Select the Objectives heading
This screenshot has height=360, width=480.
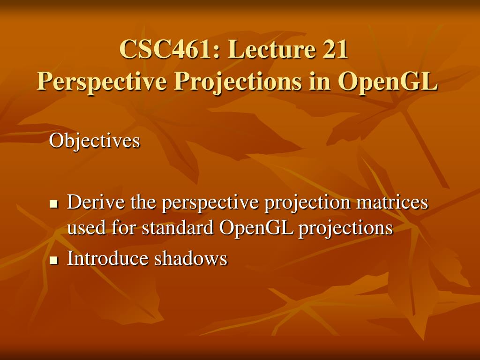[x=95, y=141]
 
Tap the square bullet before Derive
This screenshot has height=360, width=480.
[x=53, y=204]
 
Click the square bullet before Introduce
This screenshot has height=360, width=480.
[x=53, y=260]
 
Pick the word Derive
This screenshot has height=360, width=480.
[x=97, y=202]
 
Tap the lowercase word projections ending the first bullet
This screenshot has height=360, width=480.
[x=345, y=229]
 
